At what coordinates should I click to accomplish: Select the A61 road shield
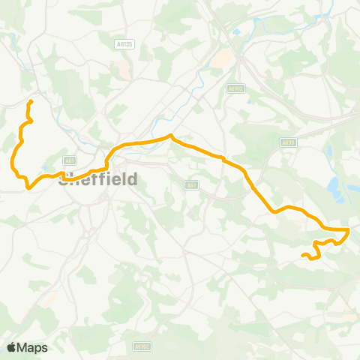(70, 160)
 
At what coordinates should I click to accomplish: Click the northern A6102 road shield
(235, 88)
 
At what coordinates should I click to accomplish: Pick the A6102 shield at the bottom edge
(142, 346)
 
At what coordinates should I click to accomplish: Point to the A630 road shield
(289, 142)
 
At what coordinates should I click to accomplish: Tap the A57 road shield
(193, 186)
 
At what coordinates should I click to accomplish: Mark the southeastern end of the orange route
(304, 256)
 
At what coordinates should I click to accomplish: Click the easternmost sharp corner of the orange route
(349, 229)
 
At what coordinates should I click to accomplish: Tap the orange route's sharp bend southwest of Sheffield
(28, 188)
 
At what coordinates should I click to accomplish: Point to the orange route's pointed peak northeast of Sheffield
(171, 136)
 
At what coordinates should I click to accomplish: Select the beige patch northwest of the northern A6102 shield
(221, 58)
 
